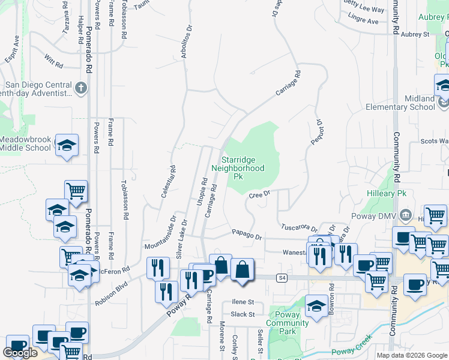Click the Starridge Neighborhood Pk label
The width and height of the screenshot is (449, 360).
[x=243, y=169]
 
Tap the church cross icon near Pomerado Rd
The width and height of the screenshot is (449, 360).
[x=81, y=89]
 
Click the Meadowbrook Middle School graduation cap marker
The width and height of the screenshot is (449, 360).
[x=67, y=145]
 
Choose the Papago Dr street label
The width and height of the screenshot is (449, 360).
[x=247, y=235]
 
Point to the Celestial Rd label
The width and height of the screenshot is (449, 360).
[x=167, y=182]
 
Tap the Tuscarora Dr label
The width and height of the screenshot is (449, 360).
[x=298, y=227]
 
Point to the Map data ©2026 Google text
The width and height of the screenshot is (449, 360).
[x=411, y=355]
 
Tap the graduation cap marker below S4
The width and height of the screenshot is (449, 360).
[x=316, y=305]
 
